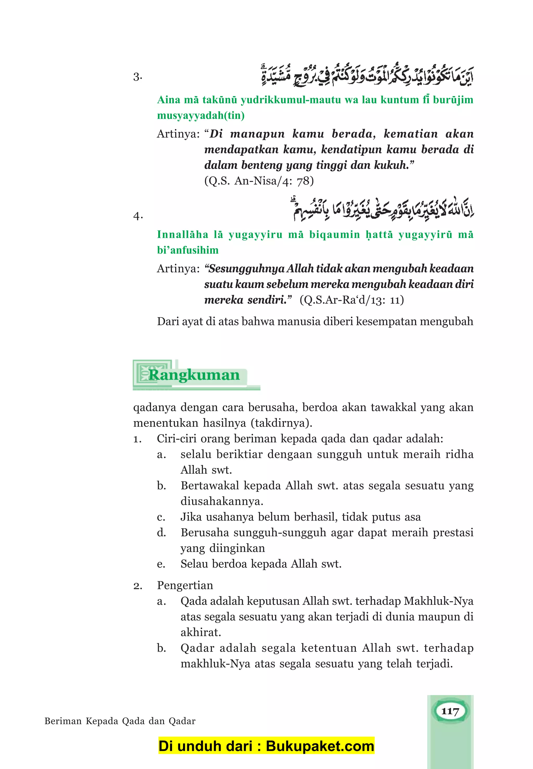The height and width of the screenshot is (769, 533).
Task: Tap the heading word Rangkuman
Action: coord(194,375)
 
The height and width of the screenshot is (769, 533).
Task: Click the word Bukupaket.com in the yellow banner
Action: coord(320,746)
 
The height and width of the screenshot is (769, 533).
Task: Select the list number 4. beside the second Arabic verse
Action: coord(138,216)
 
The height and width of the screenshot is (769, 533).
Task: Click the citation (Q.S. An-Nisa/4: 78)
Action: coord(259,181)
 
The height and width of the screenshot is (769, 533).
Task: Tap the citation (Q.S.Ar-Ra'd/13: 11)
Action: coord(352,299)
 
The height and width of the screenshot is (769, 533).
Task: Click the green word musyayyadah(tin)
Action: coord(201,115)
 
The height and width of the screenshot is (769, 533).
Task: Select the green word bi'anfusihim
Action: coord(188,250)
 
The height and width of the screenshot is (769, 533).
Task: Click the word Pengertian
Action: coord(185,585)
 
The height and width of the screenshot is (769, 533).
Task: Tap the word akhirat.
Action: coord(200,632)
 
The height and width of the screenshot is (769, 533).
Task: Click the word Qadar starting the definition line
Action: coord(197,648)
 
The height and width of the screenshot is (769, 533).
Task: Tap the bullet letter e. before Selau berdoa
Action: coord(161,564)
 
